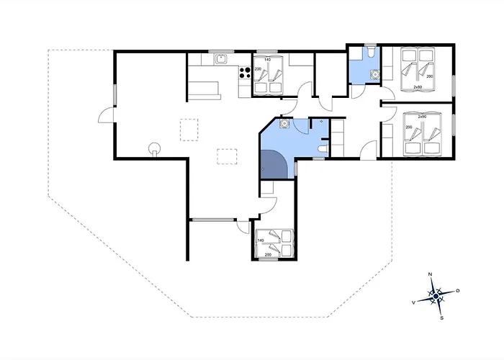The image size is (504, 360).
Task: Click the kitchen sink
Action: pos(222,59)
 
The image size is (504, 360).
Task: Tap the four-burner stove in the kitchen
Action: pos(245,72)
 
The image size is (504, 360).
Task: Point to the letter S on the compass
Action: pos(441,317)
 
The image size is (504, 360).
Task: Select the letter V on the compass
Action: pos(413,302)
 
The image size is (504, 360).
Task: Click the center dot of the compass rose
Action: pos(436,296)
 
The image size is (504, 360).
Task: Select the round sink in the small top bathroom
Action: pos(374,73)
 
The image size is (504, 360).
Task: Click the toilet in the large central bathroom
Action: pos(322,148)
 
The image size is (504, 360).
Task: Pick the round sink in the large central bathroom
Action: pos(285,123)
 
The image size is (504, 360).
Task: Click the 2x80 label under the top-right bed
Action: pos(417,87)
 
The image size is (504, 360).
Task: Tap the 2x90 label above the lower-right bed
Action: pos(423,116)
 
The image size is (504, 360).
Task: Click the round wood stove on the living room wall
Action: pos(153,149)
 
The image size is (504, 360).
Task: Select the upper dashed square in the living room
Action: pos(189,128)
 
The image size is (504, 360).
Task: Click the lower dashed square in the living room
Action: pos(228,156)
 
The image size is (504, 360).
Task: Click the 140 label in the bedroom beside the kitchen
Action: pos(267,59)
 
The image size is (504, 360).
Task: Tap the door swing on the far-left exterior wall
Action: pos(107,114)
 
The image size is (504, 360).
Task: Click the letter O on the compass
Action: pos(457,290)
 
